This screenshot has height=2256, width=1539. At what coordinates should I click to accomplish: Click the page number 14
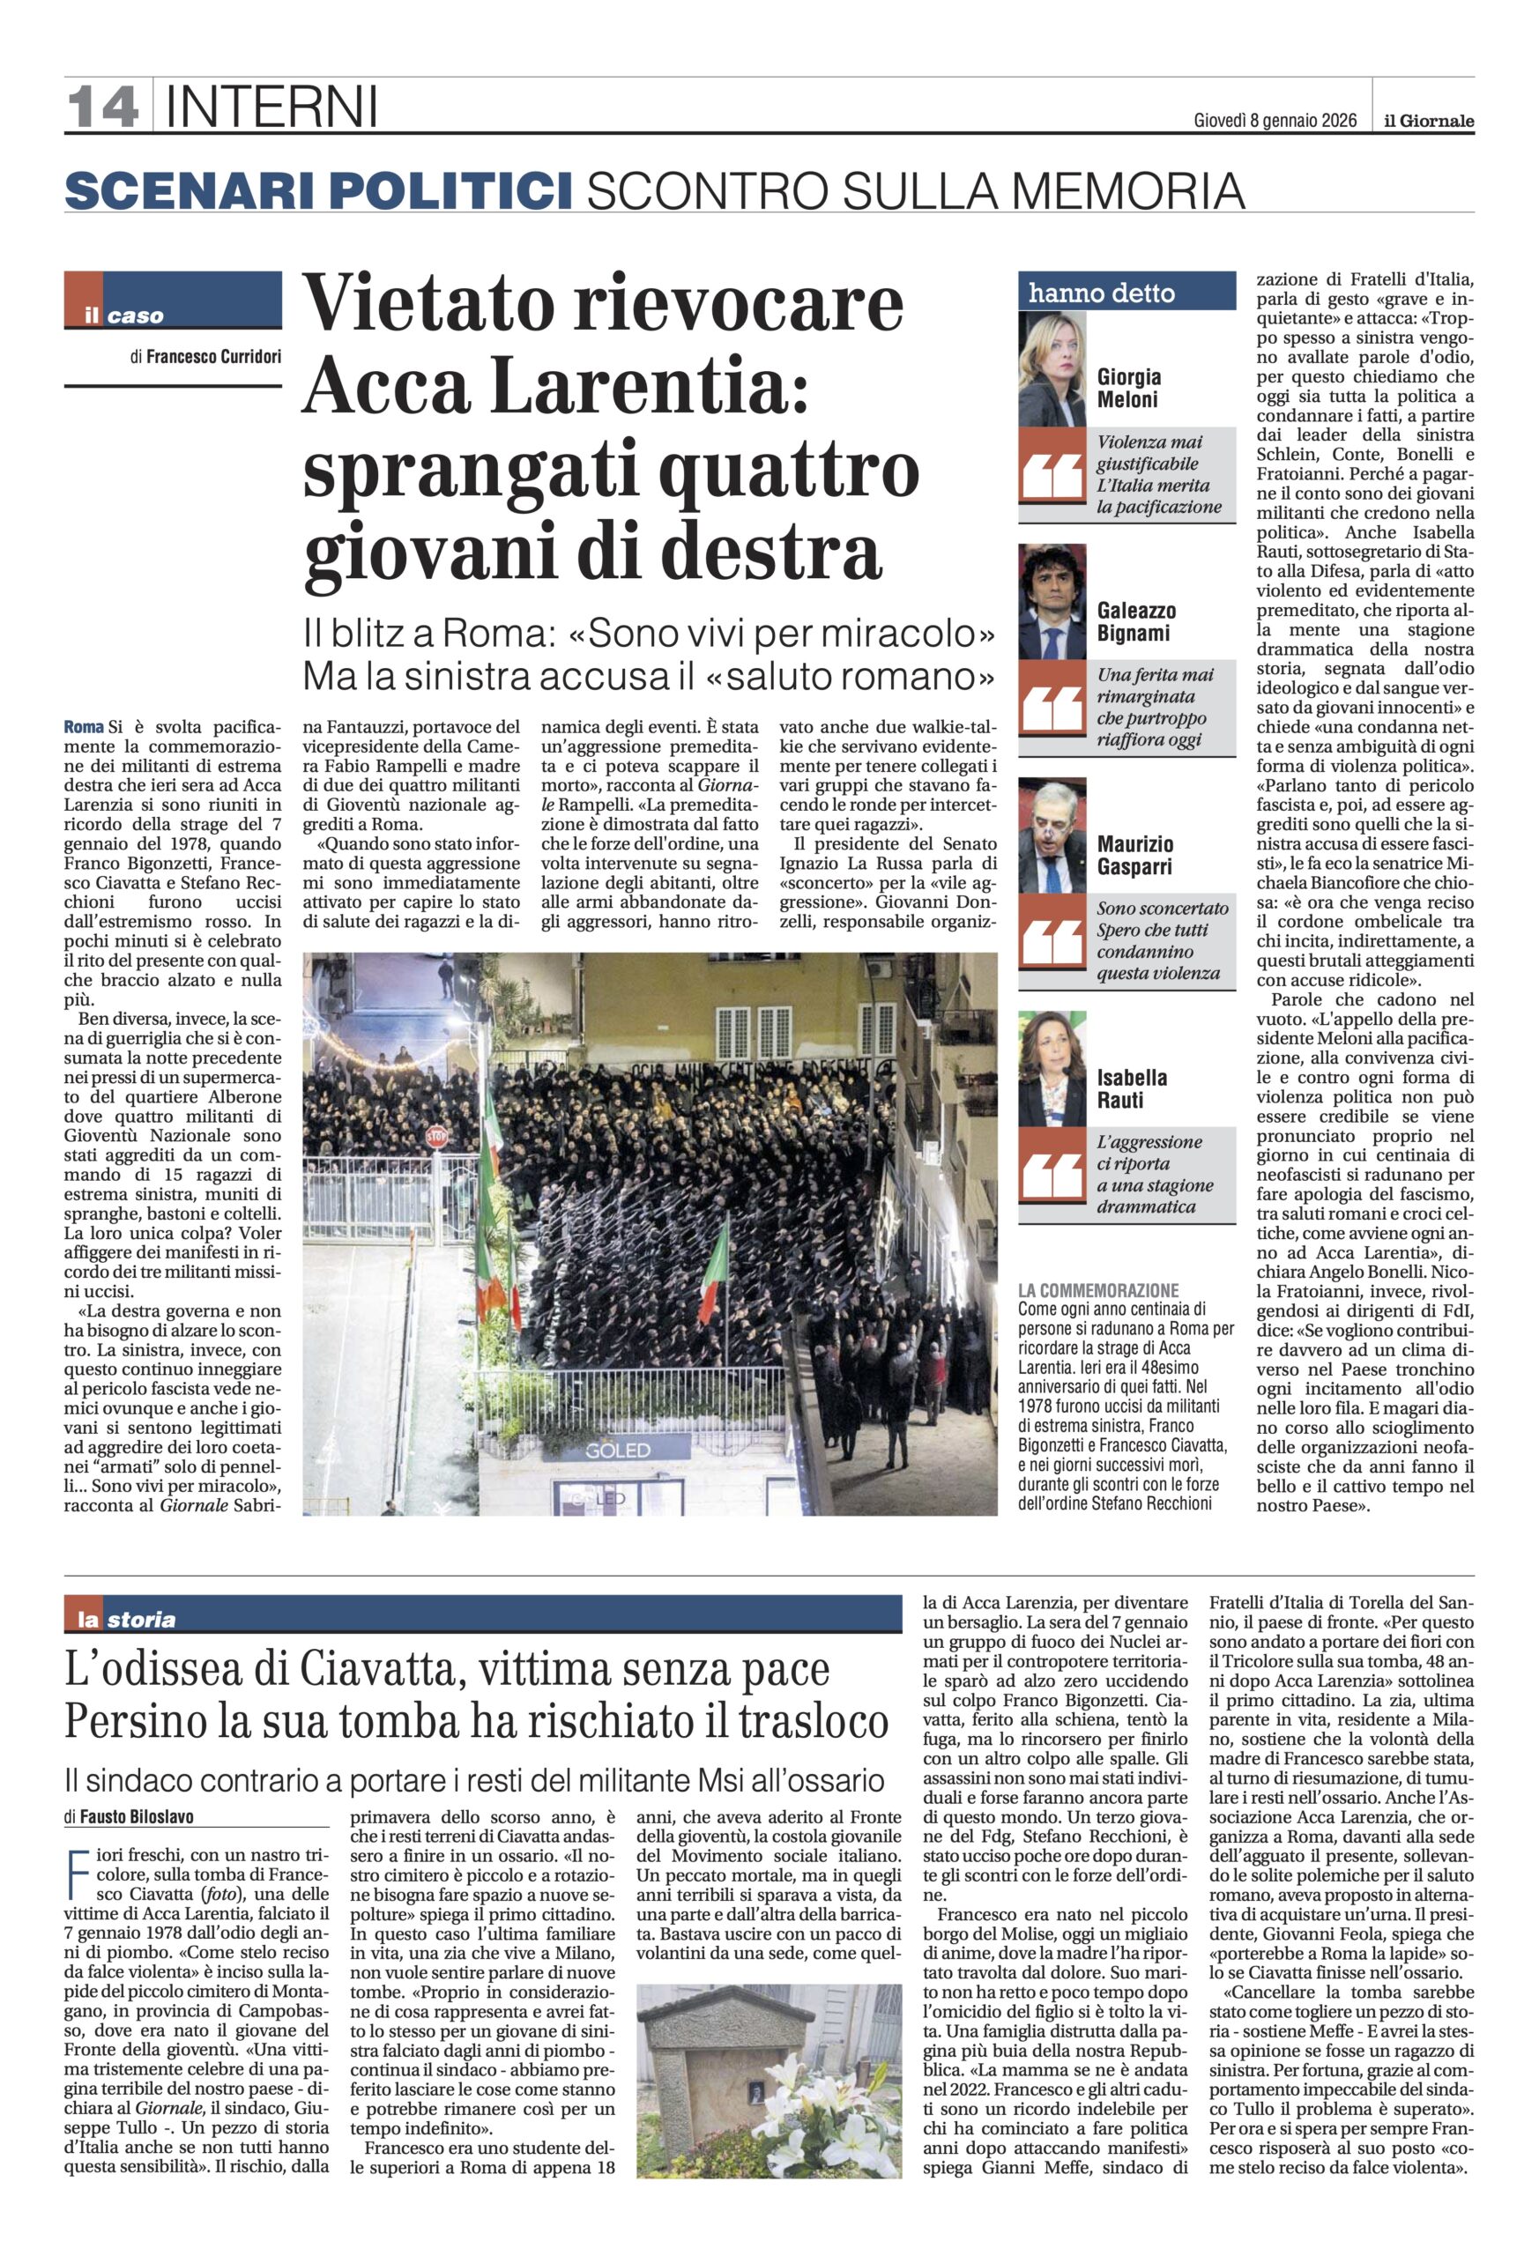pyautogui.click(x=102, y=106)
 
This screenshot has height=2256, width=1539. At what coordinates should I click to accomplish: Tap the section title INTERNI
pyautogui.click(x=271, y=107)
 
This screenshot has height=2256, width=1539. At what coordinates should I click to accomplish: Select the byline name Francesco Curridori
pyautogui.click(x=213, y=356)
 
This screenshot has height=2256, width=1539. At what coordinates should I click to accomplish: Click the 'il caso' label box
pyautogui.click(x=173, y=301)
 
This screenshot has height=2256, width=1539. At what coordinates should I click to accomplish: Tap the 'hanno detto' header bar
pyautogui.click(x=1126, y=293)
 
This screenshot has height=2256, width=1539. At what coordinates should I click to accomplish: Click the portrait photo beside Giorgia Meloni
pyautogui.click(x=1052, y=370)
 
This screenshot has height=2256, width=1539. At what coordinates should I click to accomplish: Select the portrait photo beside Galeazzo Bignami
pyautogui.click(x=1052, y=602)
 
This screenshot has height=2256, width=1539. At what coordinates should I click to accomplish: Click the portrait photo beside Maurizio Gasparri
pyautogui.click(x=1052, y=835)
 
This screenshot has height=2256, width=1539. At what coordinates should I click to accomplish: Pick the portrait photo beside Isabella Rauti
pyautogui.click(x=1052, y=1069)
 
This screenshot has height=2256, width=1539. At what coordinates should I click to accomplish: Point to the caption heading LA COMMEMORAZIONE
pyautogui.click(x=1098, y=1290)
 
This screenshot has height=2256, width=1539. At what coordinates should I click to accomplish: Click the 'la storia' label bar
pyautogui.click(x=126, y=1619)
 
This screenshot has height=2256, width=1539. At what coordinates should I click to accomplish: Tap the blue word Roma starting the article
pyautogui.click(x=84, y=727)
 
